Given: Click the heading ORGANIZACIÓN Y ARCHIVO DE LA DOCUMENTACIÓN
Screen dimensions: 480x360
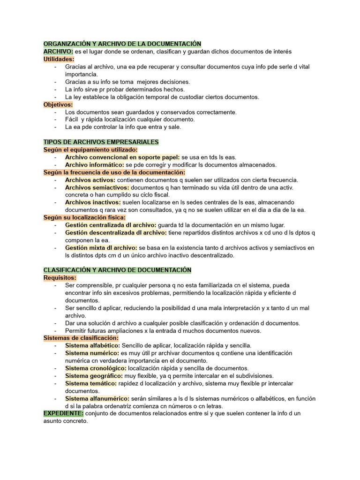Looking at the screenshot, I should click(x=122, y=44).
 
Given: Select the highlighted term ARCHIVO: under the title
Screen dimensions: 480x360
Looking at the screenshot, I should click(x=58, y=52).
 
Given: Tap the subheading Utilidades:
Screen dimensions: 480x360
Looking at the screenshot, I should click(x=59, y=59).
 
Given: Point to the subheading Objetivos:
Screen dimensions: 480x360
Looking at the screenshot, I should click(x=58, y=105).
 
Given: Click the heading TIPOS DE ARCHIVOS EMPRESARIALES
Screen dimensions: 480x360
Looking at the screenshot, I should click(x=101, y=142).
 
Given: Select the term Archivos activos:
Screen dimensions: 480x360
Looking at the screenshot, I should click(x=90, y=180).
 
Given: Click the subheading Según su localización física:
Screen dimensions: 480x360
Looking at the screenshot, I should click(x=84, y=217).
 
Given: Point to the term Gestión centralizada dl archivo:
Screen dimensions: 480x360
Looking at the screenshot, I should click(x=111, y=225).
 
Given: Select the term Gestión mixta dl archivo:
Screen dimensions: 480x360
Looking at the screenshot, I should click(x=101, y=248).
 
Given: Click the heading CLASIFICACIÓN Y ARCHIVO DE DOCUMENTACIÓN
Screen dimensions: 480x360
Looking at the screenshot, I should click(x=117, y=270).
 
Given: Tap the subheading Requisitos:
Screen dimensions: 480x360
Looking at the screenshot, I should click(x=60, y=277).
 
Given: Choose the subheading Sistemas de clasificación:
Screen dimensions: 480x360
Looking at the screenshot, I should click(x=81, y=338).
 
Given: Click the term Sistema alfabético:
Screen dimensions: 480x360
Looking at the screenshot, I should click(x=92, y=345).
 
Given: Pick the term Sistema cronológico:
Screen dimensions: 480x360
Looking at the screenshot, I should click(x=96, y=368).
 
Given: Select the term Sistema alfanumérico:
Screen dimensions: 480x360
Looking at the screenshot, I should click(x=97, y=398).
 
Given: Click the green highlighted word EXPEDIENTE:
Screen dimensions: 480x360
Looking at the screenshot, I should click(x=63, y=413).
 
